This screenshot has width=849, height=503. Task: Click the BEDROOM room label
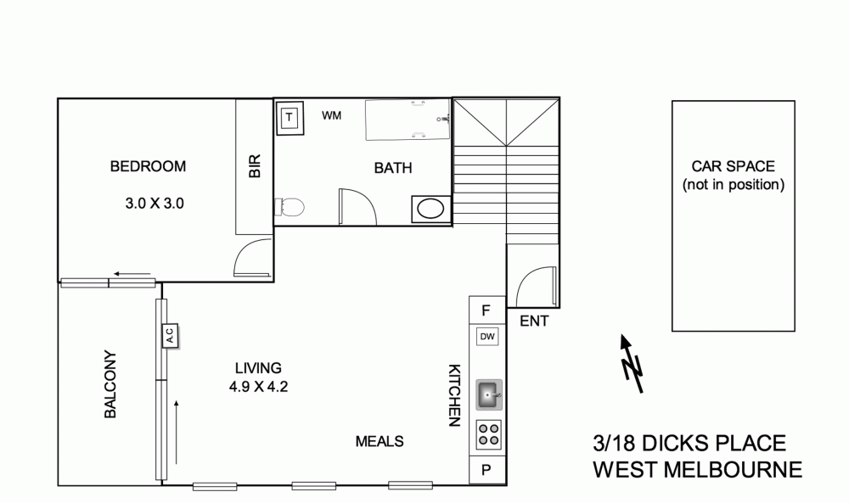tap(148, 166)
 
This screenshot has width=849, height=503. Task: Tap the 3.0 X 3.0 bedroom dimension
tap(155, 204)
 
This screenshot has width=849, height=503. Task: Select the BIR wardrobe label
tap(254, 165)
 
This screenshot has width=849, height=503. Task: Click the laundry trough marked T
tap(289, 117)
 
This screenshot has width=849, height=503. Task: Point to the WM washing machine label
tap(332, 116)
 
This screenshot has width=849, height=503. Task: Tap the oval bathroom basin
tap(430, 208)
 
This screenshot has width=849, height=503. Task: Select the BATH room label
tap(393, 168)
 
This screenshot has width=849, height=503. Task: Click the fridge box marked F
tap(487, 310)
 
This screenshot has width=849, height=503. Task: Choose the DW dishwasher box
tap(487, 337)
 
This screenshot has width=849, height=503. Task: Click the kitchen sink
tap(489, 393)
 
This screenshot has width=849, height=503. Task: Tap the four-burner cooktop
tap(488, 433)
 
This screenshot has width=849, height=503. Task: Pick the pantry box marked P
tap(487, 470)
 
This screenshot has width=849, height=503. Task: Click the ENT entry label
tap(533, 321)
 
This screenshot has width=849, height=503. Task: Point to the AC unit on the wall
tap(169, 336)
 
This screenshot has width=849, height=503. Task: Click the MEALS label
tap(379, 441)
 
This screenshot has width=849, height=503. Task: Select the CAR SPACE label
tap(733, 175)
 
